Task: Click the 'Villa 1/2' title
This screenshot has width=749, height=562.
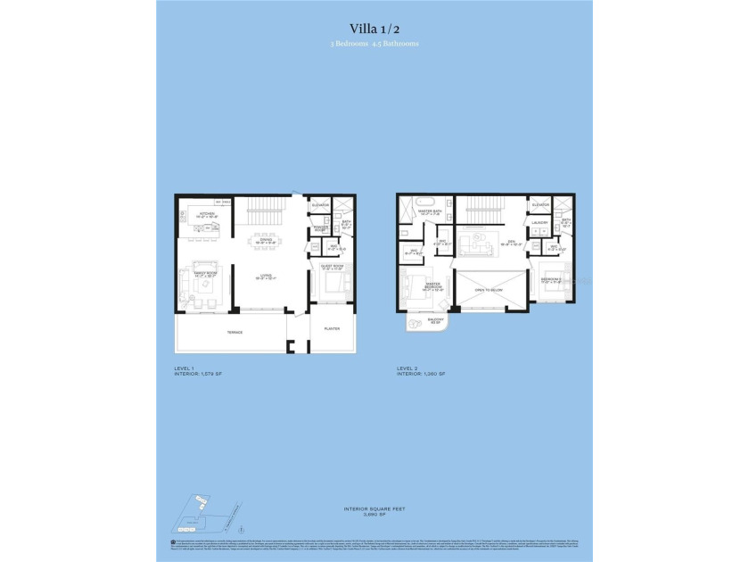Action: (374, 28)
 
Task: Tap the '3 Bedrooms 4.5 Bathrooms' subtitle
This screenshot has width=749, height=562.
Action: (374, 43)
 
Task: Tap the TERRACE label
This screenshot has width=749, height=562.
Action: (234, 332)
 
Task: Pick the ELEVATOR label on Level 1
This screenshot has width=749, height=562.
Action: (320, 206)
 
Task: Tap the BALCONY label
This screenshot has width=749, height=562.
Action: (416, 320)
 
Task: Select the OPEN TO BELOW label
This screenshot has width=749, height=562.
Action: (490, 289)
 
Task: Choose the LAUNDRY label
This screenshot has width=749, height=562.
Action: (539, 224)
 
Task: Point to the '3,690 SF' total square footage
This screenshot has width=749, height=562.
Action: (374, 515)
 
